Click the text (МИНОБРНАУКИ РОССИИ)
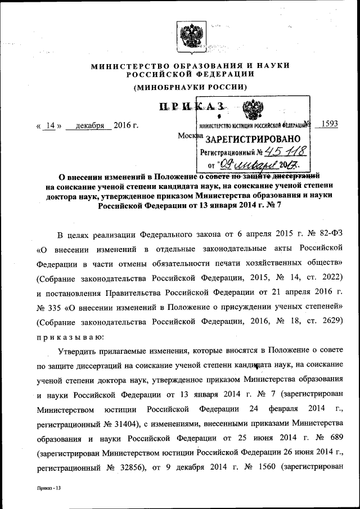click(191, 87)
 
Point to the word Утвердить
click(81, 351)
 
